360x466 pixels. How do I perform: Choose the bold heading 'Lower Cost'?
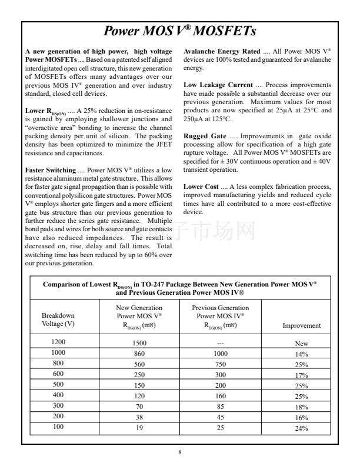[x=201, y=187]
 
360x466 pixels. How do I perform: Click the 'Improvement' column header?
[x=302, y=325]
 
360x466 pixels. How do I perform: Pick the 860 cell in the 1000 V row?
[x=139, y=352]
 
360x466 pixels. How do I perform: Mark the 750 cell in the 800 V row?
[x=221, y=364]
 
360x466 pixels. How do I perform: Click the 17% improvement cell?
[x=302, y=375]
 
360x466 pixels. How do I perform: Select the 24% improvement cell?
[x=302, y=428]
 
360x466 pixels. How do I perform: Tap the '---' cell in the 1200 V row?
[x=221, y=342]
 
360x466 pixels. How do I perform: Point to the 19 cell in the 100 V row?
[x=139, y=428]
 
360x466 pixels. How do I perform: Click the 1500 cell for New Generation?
[x=139, y=342]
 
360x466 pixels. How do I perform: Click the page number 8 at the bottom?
[x=180, y=452]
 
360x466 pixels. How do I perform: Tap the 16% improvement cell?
[x=302, y=417]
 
